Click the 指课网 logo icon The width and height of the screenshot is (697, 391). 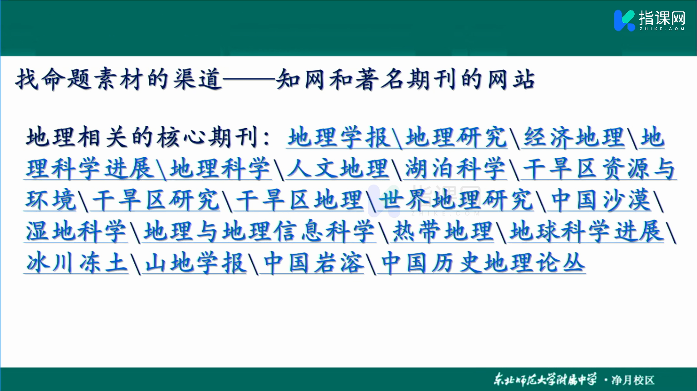point(624,21)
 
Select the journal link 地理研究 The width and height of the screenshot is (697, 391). point(456,137)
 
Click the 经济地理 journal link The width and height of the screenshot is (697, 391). point(574,137)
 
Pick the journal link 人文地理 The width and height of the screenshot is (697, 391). point(338,169)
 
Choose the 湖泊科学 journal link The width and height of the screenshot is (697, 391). point(456,169)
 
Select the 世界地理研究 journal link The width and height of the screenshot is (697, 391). point(456,200)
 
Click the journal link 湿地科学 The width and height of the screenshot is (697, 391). point(76,232)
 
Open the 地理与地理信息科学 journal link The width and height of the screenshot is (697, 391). point(259,232)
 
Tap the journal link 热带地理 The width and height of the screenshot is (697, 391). point(443,232)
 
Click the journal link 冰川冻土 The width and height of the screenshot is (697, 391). point(76,263)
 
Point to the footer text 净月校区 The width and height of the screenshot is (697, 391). point(633,380)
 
